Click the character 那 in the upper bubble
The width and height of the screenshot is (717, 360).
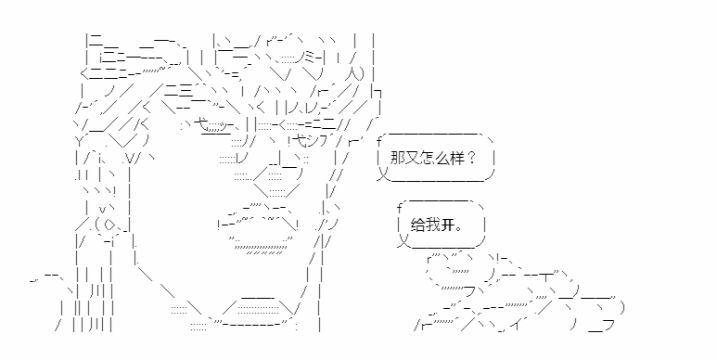click(x=397, y=159)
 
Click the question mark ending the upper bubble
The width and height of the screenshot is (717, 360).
click(x=472, y=159)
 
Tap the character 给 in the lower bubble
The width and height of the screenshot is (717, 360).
click(x=418, y=225)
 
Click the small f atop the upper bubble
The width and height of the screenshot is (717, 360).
click(x=379, y=140)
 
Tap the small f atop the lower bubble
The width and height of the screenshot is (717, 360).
click(x=399, y=208)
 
